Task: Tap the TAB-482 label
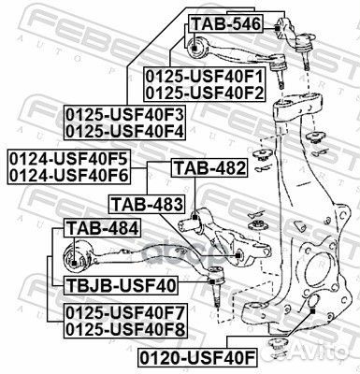click(x=209, y=168)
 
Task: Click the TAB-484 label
click(x=96, y=227)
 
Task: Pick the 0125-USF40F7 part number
click(x=124, y=313)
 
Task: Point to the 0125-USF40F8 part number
click(x=124, y=329)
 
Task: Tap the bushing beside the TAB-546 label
click(x=198, y=45)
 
